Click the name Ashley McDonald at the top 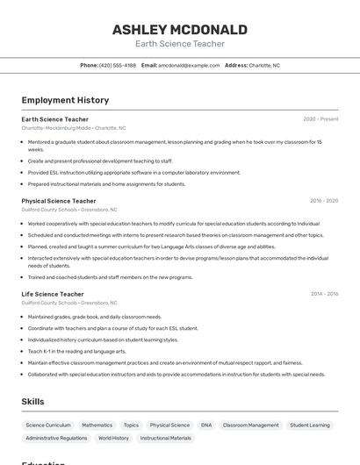coord(179,30)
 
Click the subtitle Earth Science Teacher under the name coord(179,44)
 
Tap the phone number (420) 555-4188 coord(118,65)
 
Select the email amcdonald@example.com coord(189,65)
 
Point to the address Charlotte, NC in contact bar coord(263,65)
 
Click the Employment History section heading coord(65,101)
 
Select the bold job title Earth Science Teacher coord(54,119)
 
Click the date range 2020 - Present coord(320,119)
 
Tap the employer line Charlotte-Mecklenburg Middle coord(73,128)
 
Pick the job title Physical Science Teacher coord(59,201)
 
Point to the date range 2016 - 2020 coord(323,201)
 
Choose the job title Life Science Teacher coord(53,294)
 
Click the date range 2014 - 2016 coord(323,294)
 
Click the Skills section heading coord(32,401)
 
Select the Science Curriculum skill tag coord(48,425)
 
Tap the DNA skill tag coord(206,425)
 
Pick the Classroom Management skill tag coord(250,425)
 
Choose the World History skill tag coord(113,438)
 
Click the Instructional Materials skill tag coord(165,438)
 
